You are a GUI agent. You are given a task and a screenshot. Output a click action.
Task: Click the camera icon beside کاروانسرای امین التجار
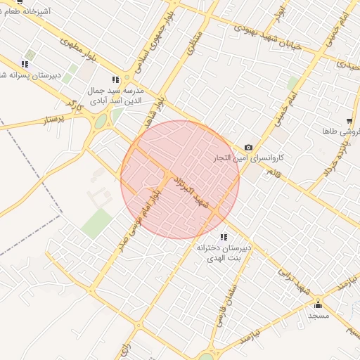tap(248, 147)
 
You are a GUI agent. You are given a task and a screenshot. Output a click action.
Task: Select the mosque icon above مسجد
tap(319, 304)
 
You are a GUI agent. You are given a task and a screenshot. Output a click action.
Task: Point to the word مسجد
tap(319, 316)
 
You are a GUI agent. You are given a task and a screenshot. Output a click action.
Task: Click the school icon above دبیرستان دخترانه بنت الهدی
tap(224, 237)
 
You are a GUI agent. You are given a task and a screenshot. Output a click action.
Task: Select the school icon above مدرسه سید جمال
tap(115, 80)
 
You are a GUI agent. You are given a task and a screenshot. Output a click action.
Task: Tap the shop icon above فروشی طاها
tap(349, 120)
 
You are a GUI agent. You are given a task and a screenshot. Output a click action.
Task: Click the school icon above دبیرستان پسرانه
tap(25, 64)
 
